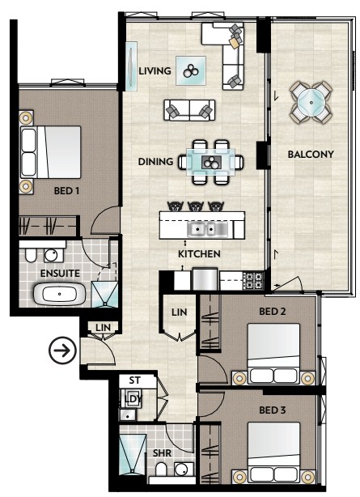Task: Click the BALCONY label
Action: click(311, 155)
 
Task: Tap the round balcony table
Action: click(311, 102)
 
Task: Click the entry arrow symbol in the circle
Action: click(63, 350)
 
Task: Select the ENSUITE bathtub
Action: click(60, 294)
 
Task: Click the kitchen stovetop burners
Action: click(254, 280)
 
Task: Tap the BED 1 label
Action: click(66, 191)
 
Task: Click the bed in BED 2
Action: click(273, 354)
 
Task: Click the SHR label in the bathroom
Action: click(162, 453)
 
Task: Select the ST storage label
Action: click(134, 380)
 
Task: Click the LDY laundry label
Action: click(133, 398)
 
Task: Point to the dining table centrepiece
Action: click(210, 162)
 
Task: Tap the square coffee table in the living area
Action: click(191, 70)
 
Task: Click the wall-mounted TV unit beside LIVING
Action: click(131, 66)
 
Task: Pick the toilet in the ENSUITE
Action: click(31, 255)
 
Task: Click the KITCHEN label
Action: click(199, 254)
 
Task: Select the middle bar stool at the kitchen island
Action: click(196, 206)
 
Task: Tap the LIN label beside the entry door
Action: click(103, 328)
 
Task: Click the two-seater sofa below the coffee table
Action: click(189, 110)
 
